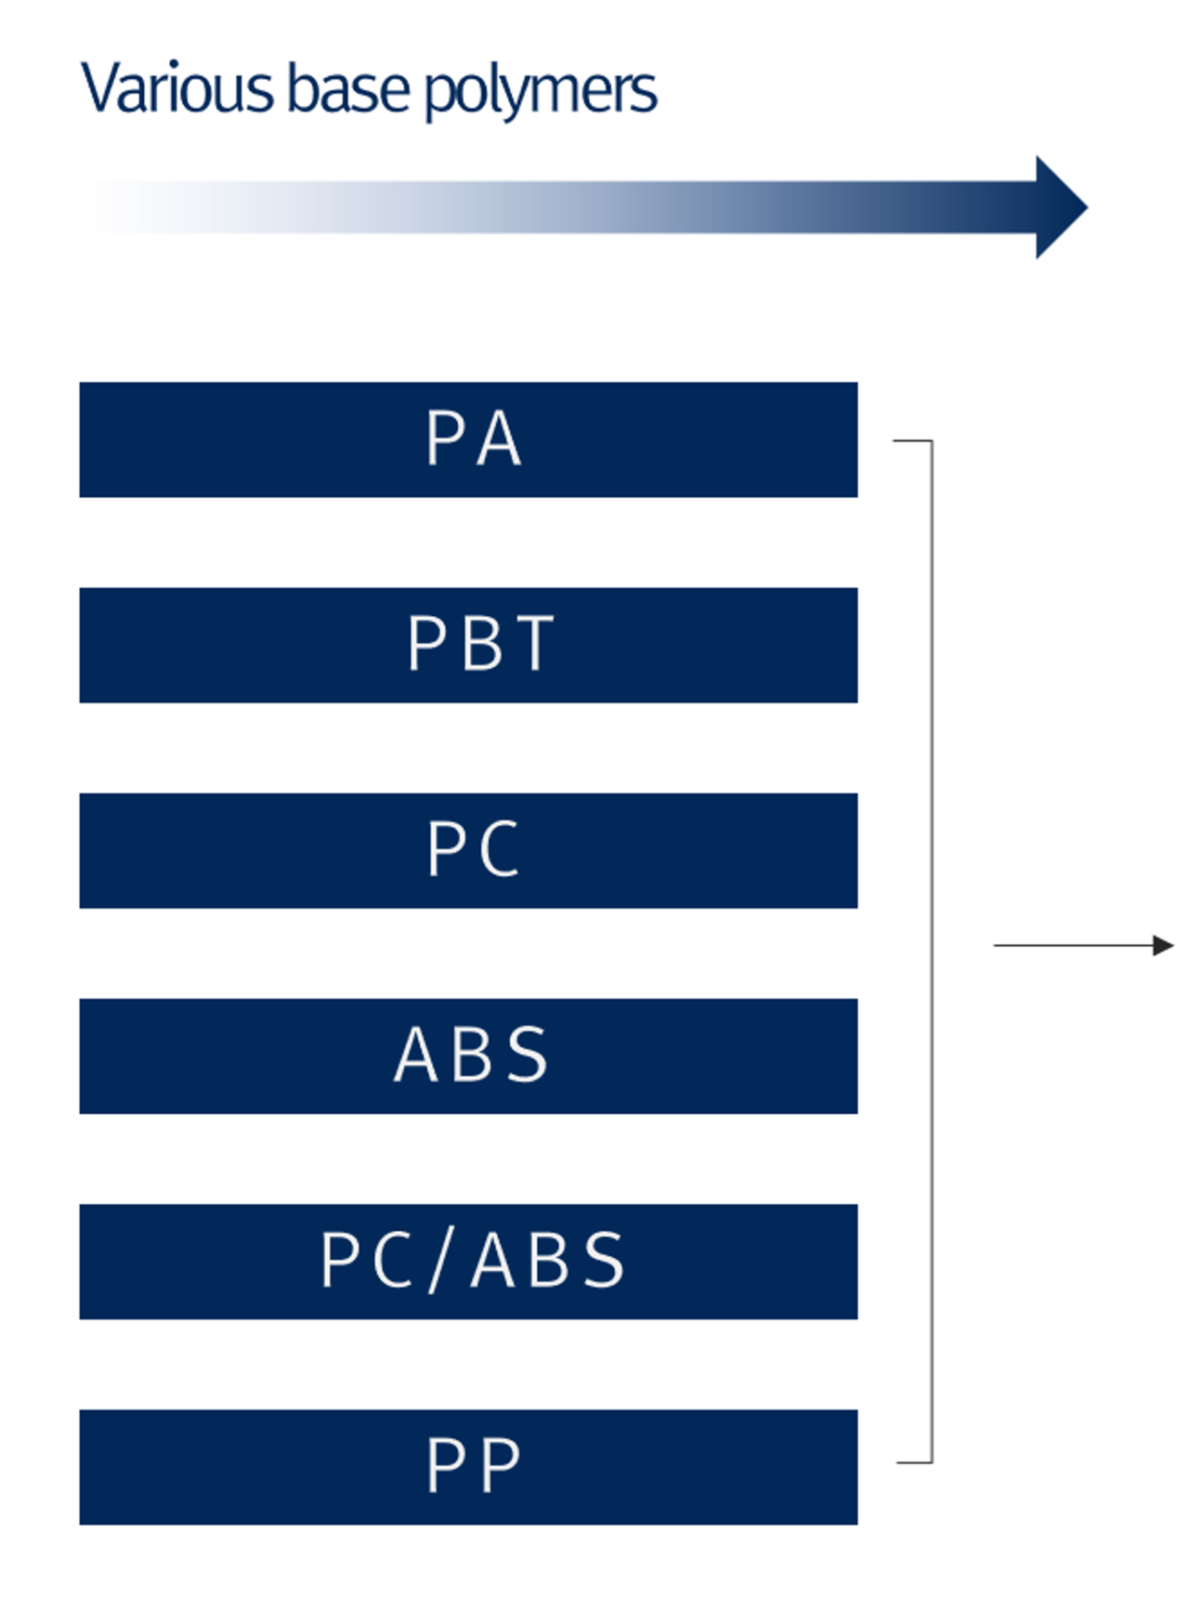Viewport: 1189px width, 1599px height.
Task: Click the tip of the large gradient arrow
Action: click(1088, 207)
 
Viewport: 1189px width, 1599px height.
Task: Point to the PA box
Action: click(468, 439)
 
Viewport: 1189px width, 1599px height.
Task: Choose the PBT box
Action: click(468, 645)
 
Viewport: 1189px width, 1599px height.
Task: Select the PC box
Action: click(468, 850)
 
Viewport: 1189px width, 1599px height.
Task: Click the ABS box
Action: click(468, 1056)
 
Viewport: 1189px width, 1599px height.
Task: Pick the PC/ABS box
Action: click(468, 1262)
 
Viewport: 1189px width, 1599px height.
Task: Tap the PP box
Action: click(468, 1467)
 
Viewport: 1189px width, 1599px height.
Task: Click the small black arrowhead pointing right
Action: click(1164, 946)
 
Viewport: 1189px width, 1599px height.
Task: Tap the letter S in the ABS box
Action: click(528, 1055)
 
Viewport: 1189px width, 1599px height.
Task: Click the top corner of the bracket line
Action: click(932, 441)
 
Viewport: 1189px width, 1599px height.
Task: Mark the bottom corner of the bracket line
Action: click(932, 1462)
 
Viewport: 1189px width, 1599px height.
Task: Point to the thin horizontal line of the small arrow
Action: click(1074, 946)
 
